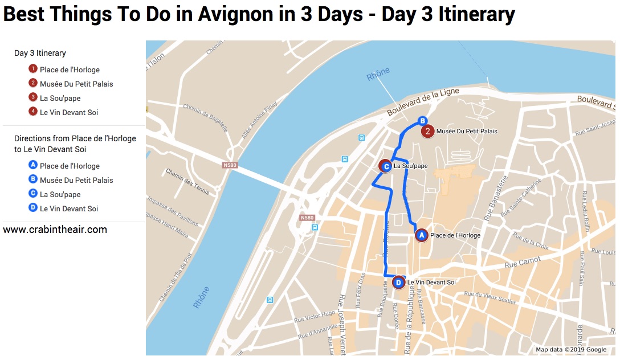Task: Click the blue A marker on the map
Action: click(422, 235)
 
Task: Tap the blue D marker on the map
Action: click(399, 282)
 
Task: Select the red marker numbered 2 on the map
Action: click(427, 132)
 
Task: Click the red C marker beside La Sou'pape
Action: click(386, 166)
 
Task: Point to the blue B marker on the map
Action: click(422, 121)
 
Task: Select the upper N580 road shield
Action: click(230, 165)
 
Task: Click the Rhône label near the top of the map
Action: click(378, 74)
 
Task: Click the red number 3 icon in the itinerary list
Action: click(33, 98)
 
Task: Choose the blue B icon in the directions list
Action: click(33, 180)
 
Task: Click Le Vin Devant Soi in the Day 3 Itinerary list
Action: click(69, 112)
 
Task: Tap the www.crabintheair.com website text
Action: click(55, 230)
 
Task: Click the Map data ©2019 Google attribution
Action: click(571, 350)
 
